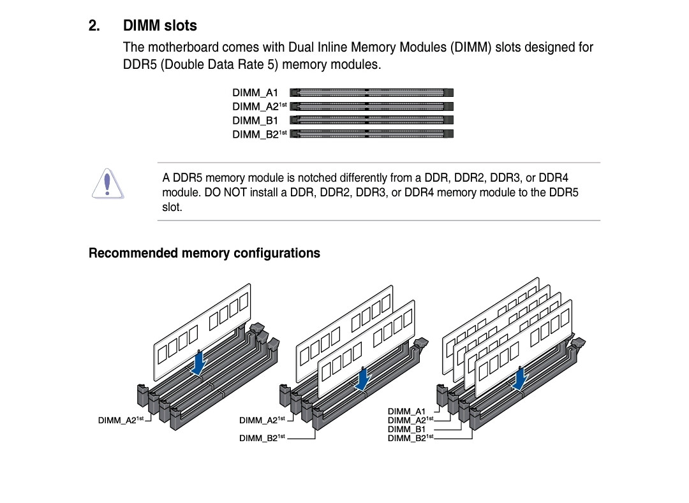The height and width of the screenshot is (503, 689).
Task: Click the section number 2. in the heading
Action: click(x=94, y=26)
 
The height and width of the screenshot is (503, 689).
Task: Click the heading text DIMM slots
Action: click(x=160, y=26)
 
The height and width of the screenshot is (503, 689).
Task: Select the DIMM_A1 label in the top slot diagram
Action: click(x=255, y=92)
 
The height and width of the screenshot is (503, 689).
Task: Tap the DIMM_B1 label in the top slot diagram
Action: click(x=255, y=120)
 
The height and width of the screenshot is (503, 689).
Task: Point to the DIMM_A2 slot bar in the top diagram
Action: click(x=372, y=106)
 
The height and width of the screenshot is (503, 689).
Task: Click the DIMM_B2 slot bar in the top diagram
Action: click(x=372, y=134)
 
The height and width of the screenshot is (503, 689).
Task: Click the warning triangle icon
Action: click(x=108, y=184)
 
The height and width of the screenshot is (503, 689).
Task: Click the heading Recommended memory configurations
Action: click(x=204, y=253)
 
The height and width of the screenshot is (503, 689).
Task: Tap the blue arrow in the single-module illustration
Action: click(x=200, y=363)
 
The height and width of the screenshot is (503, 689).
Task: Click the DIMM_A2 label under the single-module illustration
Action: click(x=121, y=420)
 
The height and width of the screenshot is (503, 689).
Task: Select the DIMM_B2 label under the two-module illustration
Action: click(x=262, y=438)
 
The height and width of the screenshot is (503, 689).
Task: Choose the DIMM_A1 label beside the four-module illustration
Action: click(x=406, y=411)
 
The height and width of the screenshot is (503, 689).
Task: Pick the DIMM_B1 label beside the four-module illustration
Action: click(x=406, y=429)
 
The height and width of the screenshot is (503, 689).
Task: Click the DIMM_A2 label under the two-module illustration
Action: click(x=262, y=420)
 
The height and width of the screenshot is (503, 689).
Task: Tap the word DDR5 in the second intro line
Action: click(x=140, y=64)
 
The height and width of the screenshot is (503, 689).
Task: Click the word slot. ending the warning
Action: click(x=172, y=207)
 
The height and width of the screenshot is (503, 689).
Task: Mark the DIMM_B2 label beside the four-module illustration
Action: click(x=410, y=438)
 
